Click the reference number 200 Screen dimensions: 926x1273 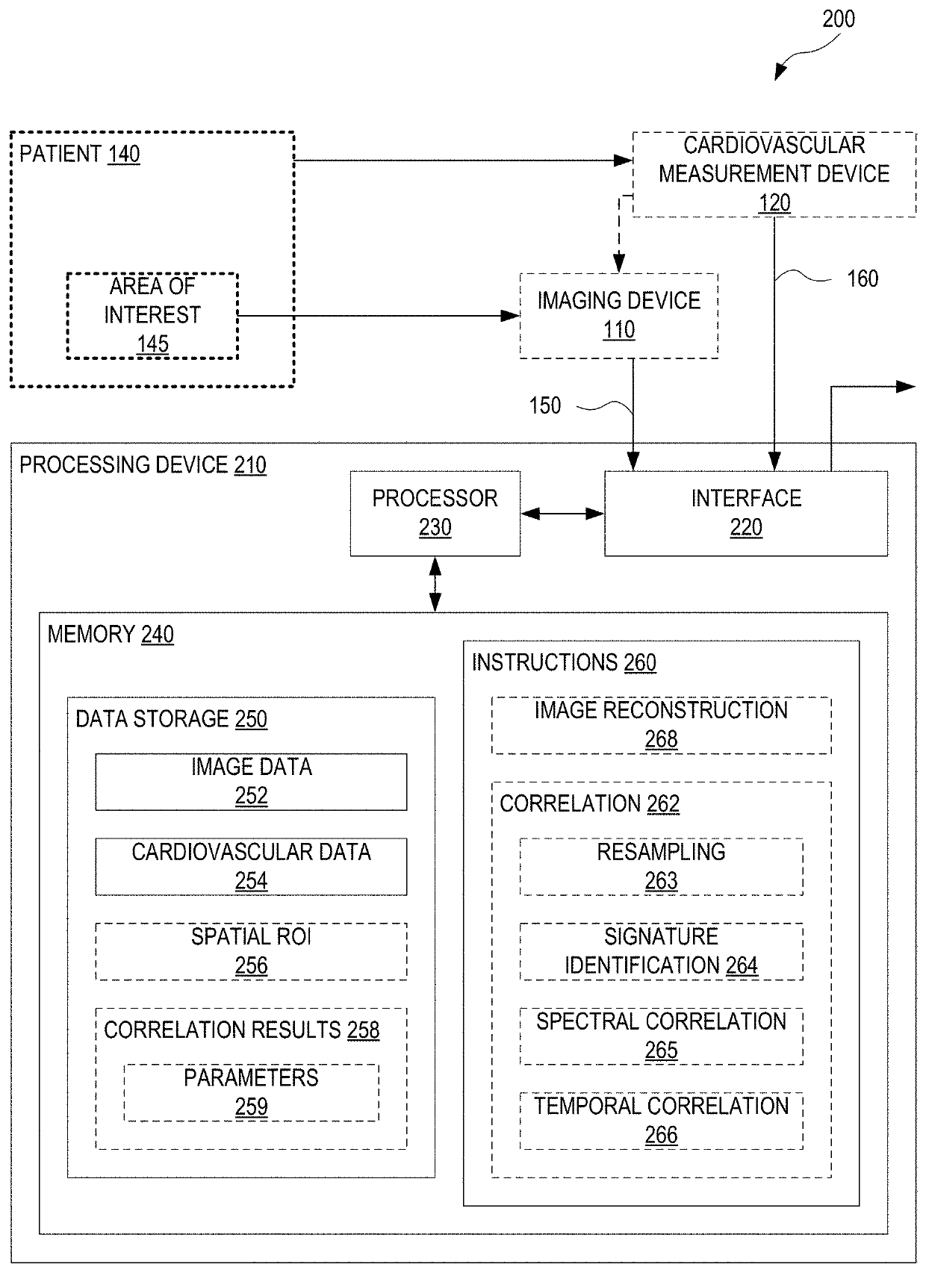point(839,19)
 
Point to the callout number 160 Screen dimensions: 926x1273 point(863,279)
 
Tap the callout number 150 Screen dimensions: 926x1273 point(544,405)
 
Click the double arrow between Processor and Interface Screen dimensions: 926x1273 point(562,514)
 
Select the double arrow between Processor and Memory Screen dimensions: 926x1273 point(435,584)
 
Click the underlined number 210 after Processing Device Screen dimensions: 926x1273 point(250,465)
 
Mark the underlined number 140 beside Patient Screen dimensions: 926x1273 point(123,155)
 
